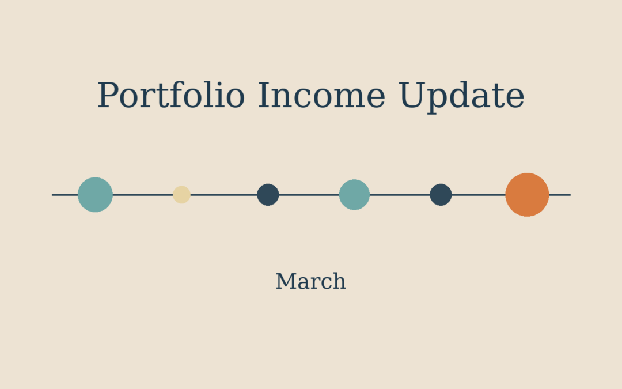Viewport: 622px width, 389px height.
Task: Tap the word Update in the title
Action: [x=461, y=96]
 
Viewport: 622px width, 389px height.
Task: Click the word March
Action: [x=310, y=282]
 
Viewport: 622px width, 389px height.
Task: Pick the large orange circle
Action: [x=527, y=195]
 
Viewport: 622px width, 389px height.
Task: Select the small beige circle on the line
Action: [x=181, y=195]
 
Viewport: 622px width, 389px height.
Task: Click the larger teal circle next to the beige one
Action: [x=95, y=195]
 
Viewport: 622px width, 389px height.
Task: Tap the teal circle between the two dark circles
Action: [x=354, y=195]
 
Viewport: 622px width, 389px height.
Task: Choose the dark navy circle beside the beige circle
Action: [x=268, y=195]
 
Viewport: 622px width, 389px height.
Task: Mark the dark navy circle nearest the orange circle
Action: [x=441, y=195]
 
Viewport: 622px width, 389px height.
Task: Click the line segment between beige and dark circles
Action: [x=223, y=195]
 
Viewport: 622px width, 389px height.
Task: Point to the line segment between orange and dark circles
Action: [x=478, y=195]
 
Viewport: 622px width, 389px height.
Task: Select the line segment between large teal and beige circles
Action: [x=142, y=195]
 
